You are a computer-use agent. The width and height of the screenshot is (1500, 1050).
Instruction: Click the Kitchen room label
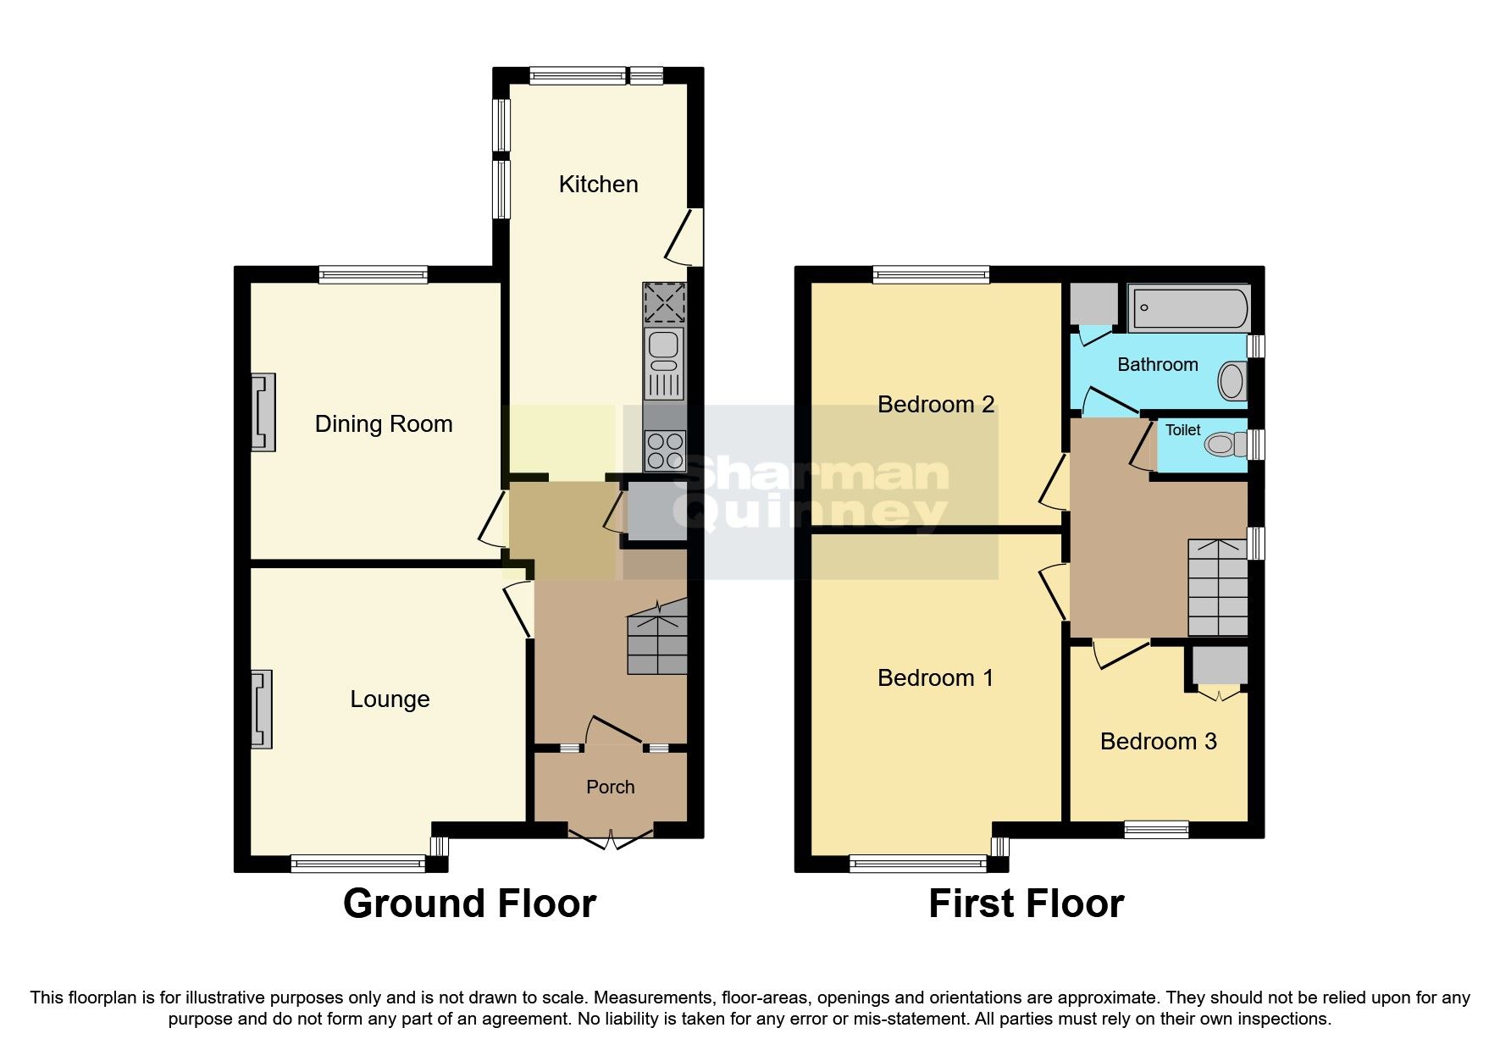pyautogui.click(x=598, y=184)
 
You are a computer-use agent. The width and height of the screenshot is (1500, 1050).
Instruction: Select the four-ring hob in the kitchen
pyautogui.click(x=664, y=450)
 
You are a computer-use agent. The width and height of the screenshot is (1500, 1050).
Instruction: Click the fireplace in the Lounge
pyautogui.click(x=263, y=710)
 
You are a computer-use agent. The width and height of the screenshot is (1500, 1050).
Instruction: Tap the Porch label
pyautogui.click(x=610, y=787)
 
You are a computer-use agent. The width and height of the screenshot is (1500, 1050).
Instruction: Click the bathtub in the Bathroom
pyautogui.click(x=1189, y=308)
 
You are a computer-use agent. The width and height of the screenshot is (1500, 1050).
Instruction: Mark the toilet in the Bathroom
pyautogui.click(x=1232, y=381)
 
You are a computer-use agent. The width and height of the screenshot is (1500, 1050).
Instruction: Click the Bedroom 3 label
pyautogui.click(x=1158, y=741)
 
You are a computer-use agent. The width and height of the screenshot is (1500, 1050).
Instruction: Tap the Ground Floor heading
pyautogui.click(x=469, y=904)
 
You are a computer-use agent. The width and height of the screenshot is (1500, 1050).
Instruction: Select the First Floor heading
pyautogui.click(x=1026, y=904)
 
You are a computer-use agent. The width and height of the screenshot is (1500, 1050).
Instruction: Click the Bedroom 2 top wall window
pyautogui.click(x=930, y=274)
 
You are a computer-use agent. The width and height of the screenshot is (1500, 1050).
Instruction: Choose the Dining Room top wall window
pyautogui.click(x=374, y=274)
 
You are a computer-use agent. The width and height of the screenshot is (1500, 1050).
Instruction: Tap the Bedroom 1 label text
pyautogui.click(x=935, y=677)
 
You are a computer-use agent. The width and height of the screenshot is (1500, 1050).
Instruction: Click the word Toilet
pyautogui.click(x=1182, y=430)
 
